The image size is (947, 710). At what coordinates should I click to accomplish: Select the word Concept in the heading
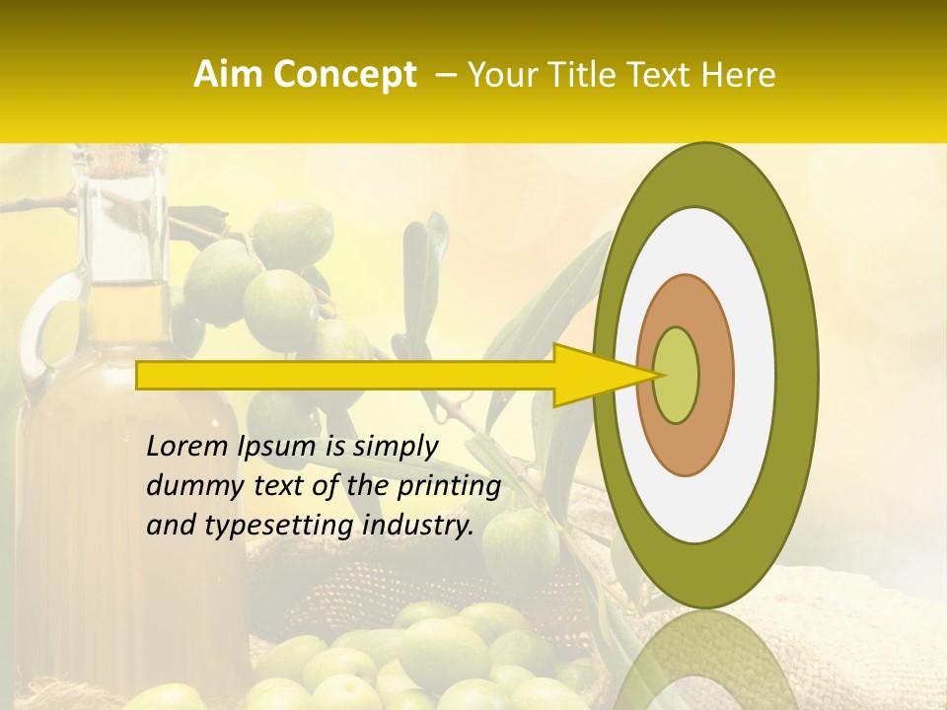click(x=344, y=75)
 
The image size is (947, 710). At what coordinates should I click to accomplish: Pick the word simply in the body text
click(x=395, y=448)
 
